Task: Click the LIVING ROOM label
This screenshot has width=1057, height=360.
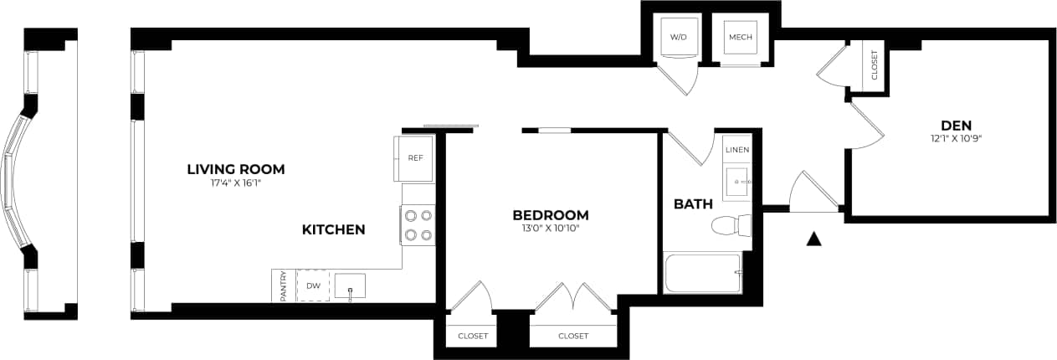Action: (x=235, y=169)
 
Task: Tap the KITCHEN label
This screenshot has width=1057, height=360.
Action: (x=333, y=229)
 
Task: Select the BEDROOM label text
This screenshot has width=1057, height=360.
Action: (x=550, y=214)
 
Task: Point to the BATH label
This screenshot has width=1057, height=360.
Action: (x=693, y=203)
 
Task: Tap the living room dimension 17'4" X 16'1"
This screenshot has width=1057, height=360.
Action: (x=235, y=183)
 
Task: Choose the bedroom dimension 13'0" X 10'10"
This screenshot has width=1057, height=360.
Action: (x=550, y=228)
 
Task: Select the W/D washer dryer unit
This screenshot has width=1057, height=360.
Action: (x=677, y=39)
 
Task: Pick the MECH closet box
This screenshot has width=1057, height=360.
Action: (x=740, y=39)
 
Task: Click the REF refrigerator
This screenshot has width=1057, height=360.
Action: (x=414, y=158)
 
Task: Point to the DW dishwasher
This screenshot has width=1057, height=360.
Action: (x=313, y=286)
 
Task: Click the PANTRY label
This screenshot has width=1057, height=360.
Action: (x=284, y=286)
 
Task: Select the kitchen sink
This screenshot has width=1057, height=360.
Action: (x=350, y=286)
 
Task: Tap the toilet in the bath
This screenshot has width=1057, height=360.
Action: (x=731, y=225)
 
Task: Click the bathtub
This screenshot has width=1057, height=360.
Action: (x=702, y=273)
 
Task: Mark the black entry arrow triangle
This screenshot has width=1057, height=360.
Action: (x=813, y=239)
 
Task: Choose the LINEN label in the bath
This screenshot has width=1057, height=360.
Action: (x=736, y=150)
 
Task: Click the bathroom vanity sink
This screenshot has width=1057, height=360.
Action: (x=736, y=182)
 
